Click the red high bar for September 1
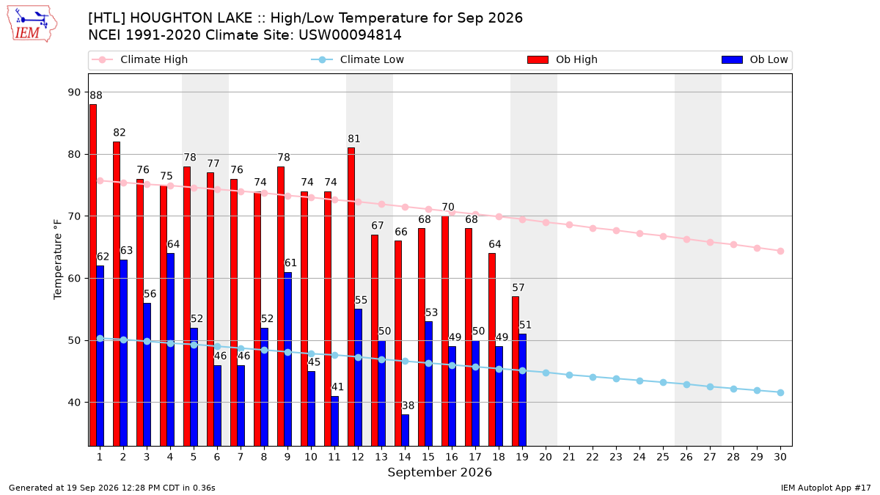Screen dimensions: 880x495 point(93,275)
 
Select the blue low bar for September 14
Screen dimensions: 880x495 point(405,430)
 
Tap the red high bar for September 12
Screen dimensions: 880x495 point(351,296)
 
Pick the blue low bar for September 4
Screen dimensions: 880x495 point(170,350)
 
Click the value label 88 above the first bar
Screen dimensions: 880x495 point(96,95)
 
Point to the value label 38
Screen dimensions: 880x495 point(408,406)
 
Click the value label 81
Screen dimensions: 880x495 point(354,139)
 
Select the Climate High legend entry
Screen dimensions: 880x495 point(140,59)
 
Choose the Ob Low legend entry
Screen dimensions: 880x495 point(755,59)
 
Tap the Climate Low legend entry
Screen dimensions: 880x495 point(358,59)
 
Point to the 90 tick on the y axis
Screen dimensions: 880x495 point(74,92)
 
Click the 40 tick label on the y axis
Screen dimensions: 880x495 point(74,403)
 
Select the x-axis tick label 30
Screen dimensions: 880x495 point(780,457)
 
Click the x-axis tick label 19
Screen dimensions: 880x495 point(522,457)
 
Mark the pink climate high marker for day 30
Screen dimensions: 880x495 point(780,251)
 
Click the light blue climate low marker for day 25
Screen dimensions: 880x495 point(663,382)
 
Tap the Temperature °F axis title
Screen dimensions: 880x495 point(58,260)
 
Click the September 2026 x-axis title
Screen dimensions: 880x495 point(439,472)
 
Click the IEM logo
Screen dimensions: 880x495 point(32,24)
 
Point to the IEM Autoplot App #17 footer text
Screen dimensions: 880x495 point(826,488)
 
